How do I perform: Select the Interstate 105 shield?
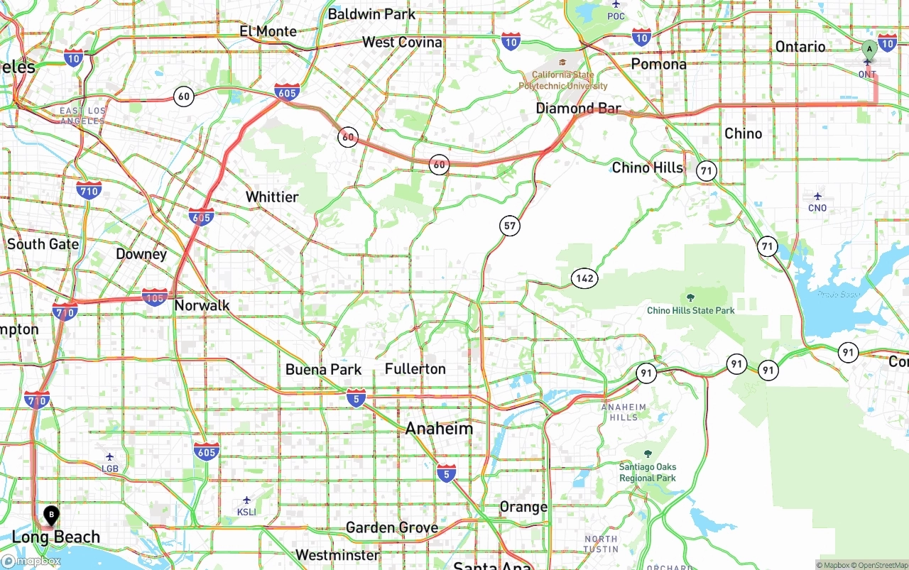(x=155, y=297)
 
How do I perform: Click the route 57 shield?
(x=509, y=226)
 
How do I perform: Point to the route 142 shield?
(x=584, y=278)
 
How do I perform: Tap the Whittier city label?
(x=272, y=197)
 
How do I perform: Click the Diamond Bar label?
(x=578, y=109)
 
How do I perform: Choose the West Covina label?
(x=402, y=43)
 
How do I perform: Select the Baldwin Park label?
(x=371, y=14)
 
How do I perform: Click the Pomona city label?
(x=659, y=64)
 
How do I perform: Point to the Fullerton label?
(x=415, y=369)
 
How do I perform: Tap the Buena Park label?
(x=323, y=370)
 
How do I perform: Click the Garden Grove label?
(x=391, y=527)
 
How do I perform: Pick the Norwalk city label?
(x=202, y=306)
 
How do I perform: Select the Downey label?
(x=141, y=254)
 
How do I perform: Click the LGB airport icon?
(x=109, y=457)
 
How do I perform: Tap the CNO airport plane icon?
(x=817, y=196)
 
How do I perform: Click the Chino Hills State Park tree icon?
(x=691, y=297)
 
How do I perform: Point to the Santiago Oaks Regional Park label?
(x=647, y=472)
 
